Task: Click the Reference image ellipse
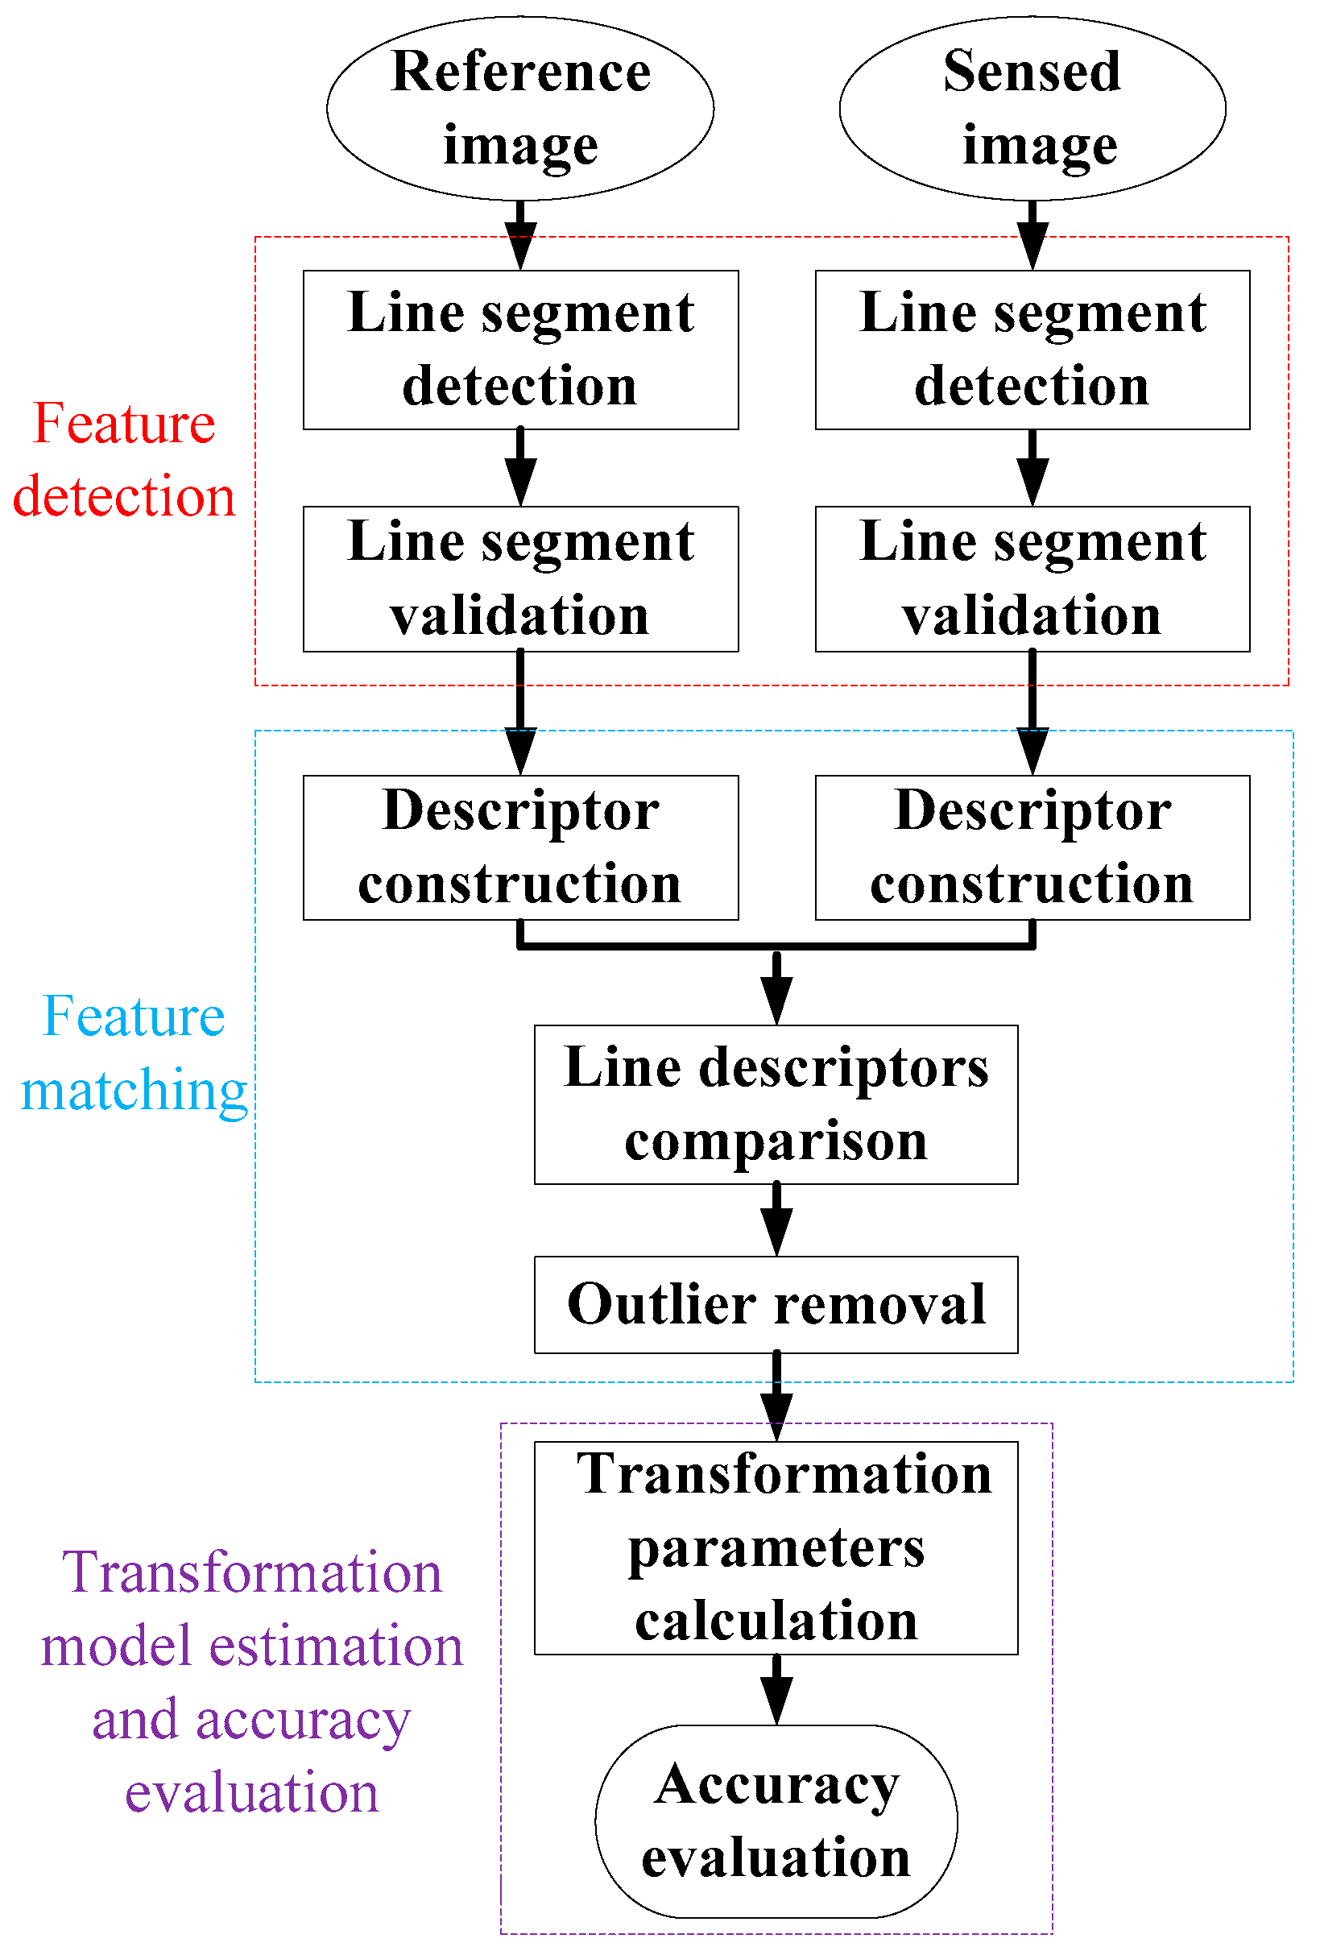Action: coord(520,108)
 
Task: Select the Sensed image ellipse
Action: coord(1032,108)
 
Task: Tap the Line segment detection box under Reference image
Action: coord(520,349)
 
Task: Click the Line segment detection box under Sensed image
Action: coord(1032,349)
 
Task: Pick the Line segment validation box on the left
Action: coord(520,578)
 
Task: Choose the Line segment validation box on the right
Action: coord(1032,578)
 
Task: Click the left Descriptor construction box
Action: coord(520,847)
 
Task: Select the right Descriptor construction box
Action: coord(1032,847)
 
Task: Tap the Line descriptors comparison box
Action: coord(776,1104)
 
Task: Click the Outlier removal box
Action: coord(776,1304)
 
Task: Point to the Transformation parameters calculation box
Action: coord(776,1548)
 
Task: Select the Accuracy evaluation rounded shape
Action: coord(776,1821)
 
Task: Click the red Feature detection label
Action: coord(124,459)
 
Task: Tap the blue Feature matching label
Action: coord(133,1053)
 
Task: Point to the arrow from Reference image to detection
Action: coord(520,234)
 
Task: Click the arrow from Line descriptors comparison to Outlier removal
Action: coord(776,1220)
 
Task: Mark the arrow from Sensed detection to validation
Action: coord(1032,468)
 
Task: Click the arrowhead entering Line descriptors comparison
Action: coord(776,1003)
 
